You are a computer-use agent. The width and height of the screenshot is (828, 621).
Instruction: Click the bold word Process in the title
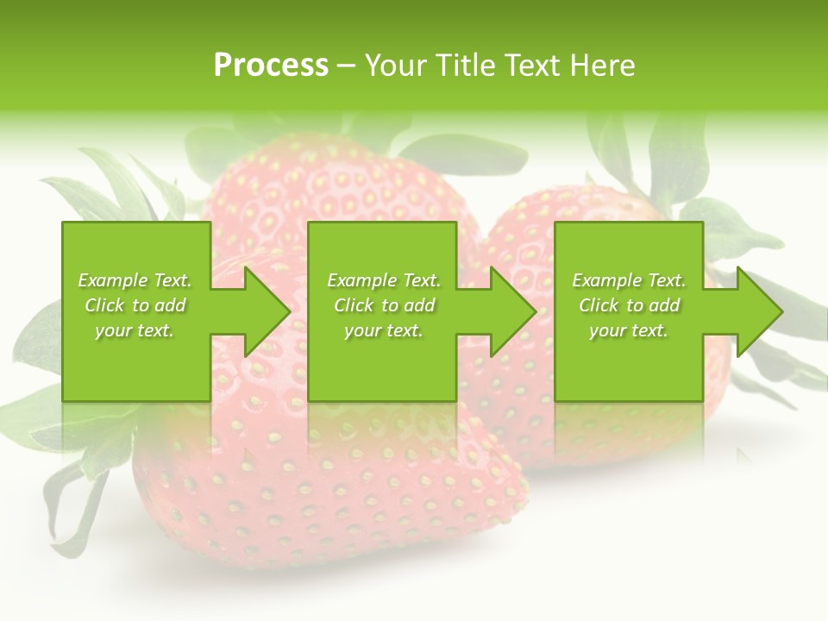[271, 66]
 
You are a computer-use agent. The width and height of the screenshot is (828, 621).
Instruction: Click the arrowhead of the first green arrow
[267, 311]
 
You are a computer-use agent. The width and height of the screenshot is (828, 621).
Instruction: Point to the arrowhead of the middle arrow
[513, 311]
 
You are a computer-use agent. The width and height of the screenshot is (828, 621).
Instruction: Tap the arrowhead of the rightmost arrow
[760, 311]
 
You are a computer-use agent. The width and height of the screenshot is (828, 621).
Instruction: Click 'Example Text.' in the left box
[135, 280]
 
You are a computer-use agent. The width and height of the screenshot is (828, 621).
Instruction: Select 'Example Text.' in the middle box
[383, 280]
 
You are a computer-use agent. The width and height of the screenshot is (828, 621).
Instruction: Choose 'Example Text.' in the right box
[629, 280]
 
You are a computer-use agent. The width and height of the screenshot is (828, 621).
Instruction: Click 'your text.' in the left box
[135, 330]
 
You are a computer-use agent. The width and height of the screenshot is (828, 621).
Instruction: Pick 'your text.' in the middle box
[383, 330]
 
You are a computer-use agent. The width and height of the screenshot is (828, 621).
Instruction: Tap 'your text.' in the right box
[629, 330]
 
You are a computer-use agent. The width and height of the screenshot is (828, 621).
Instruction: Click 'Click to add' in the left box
[135, 305]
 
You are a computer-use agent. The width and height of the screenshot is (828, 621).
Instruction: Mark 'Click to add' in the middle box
[383, 305]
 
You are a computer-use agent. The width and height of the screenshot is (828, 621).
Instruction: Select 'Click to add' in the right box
[629, 305]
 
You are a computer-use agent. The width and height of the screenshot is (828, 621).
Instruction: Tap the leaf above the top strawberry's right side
[466, 151]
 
